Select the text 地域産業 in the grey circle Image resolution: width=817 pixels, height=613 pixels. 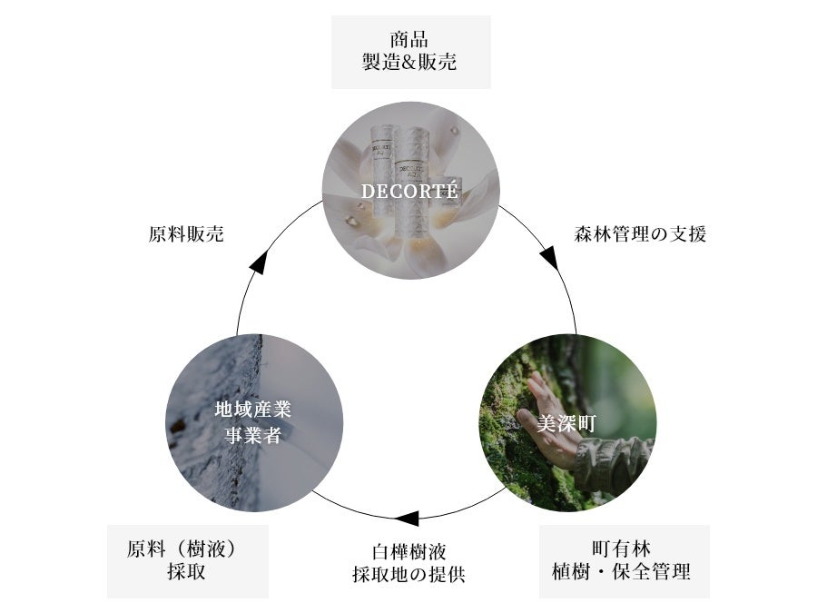pos(253,410)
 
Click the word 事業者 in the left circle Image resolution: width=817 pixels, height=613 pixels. pos(253,435)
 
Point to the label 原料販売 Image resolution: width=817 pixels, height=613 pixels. pos(186,233)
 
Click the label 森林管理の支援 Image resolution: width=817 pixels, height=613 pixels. pos(640,233)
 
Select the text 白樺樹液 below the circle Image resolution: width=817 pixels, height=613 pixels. pos(409,551)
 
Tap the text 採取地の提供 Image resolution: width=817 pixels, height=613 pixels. pos(409,574)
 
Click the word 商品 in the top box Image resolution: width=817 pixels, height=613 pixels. pos(409,40)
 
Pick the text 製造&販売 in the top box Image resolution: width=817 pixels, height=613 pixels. pos(409,64)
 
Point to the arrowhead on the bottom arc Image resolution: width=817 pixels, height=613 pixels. pos(406,519)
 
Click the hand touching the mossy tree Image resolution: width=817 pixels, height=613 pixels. pos(544,409)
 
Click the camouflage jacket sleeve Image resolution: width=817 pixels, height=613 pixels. pos(617,454)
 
